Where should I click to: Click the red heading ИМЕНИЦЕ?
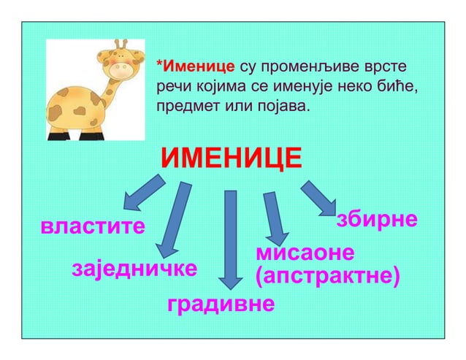[232, 157]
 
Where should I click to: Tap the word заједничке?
[134, 268]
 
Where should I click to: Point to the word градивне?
[221, 303]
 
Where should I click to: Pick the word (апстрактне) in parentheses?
[326, 276]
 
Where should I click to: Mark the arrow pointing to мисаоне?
[274, 218]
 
